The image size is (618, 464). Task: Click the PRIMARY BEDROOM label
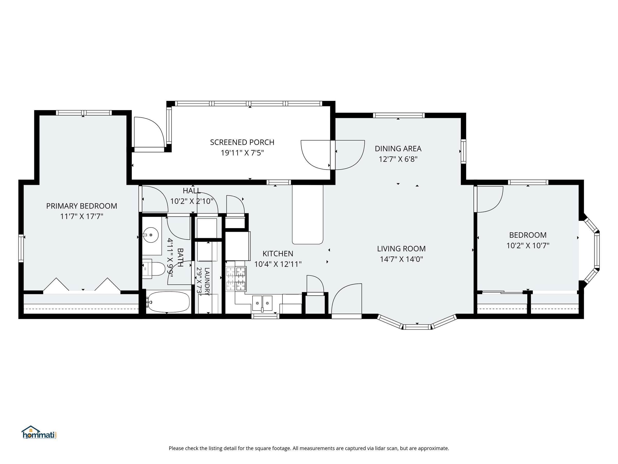(x=82, y=206)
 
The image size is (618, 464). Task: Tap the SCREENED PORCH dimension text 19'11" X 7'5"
(x=242, y=153)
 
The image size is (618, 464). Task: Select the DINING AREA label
(x=398, y=149)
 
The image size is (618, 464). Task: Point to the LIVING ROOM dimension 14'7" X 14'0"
(x=401, y=259)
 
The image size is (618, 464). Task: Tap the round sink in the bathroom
(x=151, y=235)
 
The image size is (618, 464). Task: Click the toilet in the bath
(x=154, y=269)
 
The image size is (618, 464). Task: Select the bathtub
(x=168, y=302)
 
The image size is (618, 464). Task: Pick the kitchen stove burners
(x=236, y=279)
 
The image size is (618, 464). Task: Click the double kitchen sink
(x=262, y=303)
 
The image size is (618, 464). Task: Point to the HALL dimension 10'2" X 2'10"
(x=192, y=201)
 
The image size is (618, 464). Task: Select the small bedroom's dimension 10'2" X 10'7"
(x=528, y=246)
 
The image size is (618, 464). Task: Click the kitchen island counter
(x=308, y=214)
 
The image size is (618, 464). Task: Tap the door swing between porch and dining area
(x=333, y=155)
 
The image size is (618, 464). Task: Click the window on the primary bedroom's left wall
(x=21, y=248)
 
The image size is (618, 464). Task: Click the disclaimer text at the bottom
(x=309, y=448)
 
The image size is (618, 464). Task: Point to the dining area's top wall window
(x=399, y=115)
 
